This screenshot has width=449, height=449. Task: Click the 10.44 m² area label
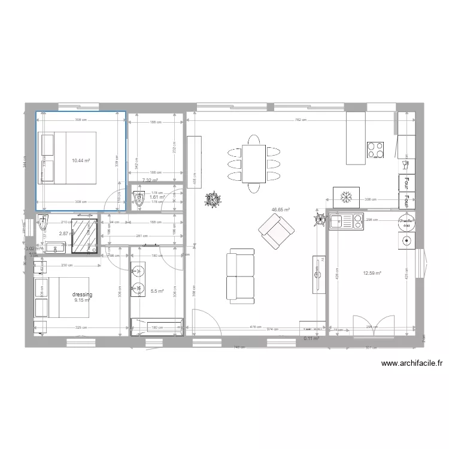point(81,160)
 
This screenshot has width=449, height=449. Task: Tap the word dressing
point(82,295)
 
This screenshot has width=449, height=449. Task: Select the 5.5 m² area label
point(157,291)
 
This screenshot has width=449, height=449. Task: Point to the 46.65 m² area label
point(281,210)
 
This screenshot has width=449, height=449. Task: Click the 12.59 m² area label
point(372,274)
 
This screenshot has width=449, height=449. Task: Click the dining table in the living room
point(254,163)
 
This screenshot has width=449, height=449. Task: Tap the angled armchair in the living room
point(276,232)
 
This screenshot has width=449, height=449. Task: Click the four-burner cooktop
point(375,150)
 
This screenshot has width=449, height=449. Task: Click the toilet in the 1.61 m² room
point(139,200)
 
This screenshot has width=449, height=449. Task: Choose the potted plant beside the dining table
point(213,199)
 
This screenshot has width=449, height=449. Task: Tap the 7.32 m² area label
point(150,180)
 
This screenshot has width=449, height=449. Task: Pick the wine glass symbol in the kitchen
point(405,162)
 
